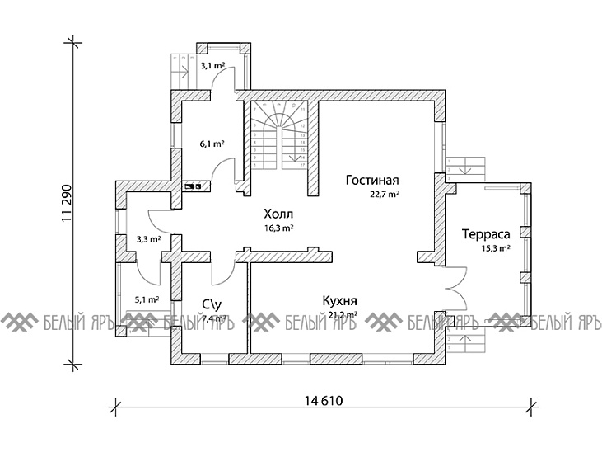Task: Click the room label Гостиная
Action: pyautogui.click(x=373, y=181)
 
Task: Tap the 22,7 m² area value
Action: pyautogui.click(x=385, y=195)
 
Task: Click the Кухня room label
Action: pyautogui.click(x=338, y=301)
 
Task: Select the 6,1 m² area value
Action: pyautogui.click(x=212, y=143)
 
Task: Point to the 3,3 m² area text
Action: pyautogui.click(x=147, y=239)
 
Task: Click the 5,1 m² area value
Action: pyautogui.click(x=147, y=299)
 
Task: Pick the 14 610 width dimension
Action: pyautogui.click(x=323, y=402)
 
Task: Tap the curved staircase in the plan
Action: pyautogui.click(x=282, y=136)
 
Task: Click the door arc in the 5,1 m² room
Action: pyautogui.click(x=148, y=268)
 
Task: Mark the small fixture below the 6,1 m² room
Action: pyautogui.click(x=195, y=186)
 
